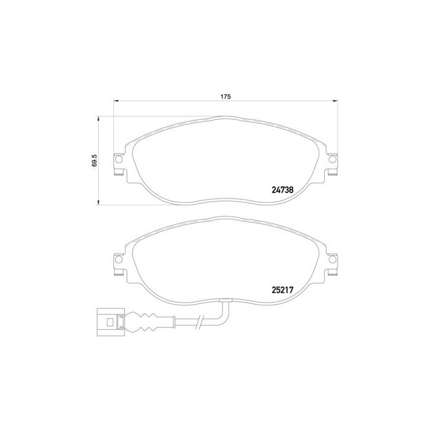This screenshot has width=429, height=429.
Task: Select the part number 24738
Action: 283,190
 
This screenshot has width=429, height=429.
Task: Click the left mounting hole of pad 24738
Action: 119,161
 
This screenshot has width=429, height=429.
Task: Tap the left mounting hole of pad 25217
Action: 119,260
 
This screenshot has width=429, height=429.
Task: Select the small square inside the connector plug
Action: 110,321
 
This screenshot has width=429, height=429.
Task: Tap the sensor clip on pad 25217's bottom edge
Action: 226,300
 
